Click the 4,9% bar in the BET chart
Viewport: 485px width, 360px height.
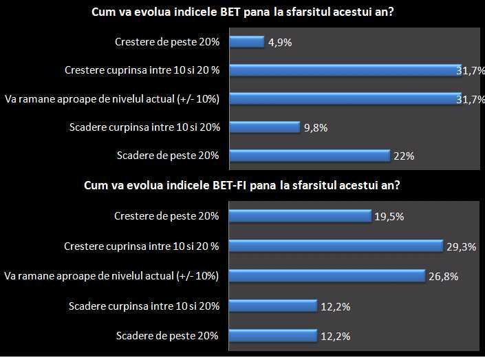(246, 42)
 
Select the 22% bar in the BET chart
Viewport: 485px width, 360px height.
(309, 156)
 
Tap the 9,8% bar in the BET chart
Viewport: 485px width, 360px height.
(264, 127)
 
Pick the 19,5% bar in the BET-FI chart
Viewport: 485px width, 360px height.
(300, 216)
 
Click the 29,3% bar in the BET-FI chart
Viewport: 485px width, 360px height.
(335, 246)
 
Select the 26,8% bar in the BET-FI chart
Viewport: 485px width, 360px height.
(326, 276)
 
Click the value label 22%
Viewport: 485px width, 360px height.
(404, 156)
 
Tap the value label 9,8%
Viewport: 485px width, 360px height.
(315, 127)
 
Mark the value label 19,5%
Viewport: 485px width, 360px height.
(389, 217)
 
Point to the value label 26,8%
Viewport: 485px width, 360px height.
(444, 277)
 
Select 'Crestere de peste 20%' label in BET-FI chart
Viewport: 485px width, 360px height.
(166, 216)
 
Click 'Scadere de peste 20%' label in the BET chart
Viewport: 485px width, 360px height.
(167, 156)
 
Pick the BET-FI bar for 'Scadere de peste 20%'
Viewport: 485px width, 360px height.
(272, 336)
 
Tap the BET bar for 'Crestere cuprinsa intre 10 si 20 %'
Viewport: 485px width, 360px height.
(344, 70)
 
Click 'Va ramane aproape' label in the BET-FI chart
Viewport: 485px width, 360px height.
(111, 276)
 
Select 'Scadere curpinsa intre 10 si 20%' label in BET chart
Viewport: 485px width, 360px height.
(144, 127)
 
